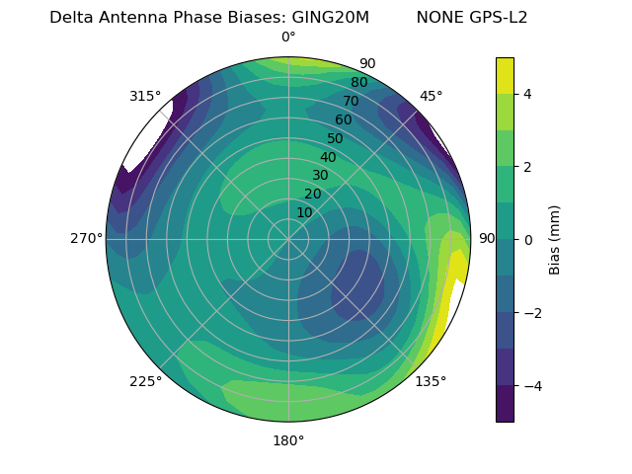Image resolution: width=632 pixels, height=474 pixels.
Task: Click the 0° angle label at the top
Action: (288, 38)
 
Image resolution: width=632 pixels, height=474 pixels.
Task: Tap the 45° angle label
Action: (431, 96)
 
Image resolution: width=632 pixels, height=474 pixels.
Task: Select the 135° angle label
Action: (431, 381)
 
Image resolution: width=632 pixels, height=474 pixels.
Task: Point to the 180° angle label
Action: (288, 440)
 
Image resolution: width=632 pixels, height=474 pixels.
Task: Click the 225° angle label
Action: (145, 381)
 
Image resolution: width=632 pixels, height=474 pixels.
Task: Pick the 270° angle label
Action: (87, 238)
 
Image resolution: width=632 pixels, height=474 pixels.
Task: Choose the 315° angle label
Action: (145, 96)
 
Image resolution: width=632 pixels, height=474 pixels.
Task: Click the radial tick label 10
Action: (304, 212)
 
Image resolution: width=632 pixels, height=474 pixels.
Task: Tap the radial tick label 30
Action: (320, 176)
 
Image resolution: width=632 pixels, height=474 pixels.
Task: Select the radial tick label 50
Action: (336, 139)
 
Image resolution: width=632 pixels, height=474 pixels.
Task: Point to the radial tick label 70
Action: (352, 102)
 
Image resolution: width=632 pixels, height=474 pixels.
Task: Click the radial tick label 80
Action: (359, 83)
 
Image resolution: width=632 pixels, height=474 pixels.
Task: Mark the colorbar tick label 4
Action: (528, 94)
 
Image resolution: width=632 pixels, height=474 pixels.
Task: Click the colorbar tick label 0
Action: (528, 239)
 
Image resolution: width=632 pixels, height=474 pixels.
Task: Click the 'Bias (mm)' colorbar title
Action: (555, 239)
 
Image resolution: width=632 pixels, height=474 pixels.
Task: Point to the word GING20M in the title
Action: (331, 18)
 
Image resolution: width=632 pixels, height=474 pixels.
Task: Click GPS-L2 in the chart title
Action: (499, 18)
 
